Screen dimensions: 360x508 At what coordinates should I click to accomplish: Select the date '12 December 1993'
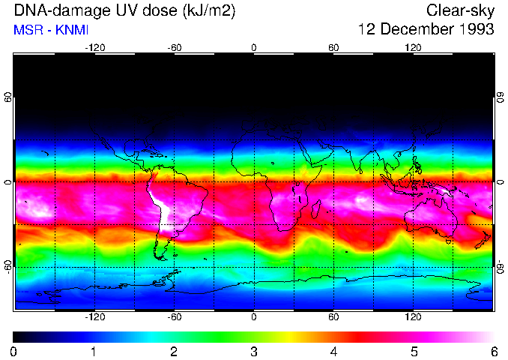[426, 30]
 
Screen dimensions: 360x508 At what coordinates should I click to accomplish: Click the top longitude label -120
[94, 47]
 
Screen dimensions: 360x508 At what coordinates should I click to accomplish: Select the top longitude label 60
[334, 47]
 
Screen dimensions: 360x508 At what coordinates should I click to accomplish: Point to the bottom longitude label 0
[254, 317]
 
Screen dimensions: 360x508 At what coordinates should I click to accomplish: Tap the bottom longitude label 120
[414, 317]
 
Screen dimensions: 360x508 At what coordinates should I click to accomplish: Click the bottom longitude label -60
[174, 317]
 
